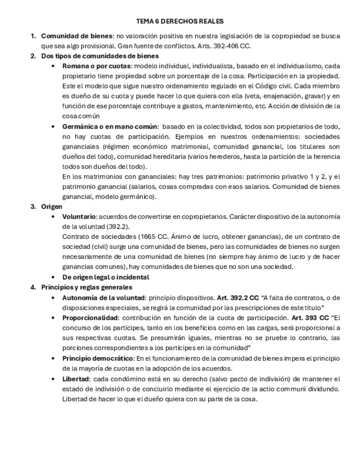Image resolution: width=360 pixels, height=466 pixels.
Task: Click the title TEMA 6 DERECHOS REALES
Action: pos(180,21)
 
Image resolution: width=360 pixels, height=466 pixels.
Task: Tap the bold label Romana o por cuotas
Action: pos(96,66)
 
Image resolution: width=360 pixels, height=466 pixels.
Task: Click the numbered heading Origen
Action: pos(52,207)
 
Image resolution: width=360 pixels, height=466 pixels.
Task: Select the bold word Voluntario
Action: pos(79,217)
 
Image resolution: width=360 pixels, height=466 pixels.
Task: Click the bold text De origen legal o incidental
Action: pos(106,277)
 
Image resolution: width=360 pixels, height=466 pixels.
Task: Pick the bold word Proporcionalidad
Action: pos(90,318)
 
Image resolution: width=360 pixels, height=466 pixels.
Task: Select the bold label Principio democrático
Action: pos(98,358)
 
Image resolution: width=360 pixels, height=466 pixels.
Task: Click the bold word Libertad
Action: pos(76,379)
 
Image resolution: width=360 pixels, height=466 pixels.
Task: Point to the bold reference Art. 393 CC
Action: pos(310,318)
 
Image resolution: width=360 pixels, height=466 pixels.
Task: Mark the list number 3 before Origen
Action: pos(32,207)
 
